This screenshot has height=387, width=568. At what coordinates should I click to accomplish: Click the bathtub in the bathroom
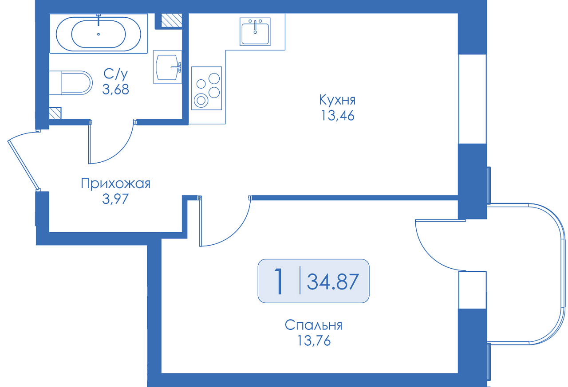tap(99, 34)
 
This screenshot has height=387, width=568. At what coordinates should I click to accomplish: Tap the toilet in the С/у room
tap(71, 83)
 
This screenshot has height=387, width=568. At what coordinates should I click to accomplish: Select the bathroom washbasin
tap(168, 67)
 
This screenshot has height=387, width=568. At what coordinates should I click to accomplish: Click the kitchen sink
tap(255, 31)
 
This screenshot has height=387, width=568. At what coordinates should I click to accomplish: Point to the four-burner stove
tap(207, 88)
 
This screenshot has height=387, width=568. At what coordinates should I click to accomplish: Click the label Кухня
tap(337, 100)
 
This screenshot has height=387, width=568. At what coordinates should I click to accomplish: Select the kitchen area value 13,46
tap(338, 116)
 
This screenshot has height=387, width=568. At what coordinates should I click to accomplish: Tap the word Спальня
tap(313, 325)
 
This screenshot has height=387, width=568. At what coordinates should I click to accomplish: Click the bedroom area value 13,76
tap(314, 340)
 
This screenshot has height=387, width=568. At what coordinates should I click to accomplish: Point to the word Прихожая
tap(116, 183)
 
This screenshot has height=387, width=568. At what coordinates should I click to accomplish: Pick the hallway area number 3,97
tap(115, 199)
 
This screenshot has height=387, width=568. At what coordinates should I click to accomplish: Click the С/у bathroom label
tap(116, 74)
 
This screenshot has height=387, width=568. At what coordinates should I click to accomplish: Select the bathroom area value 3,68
tap(116, 89)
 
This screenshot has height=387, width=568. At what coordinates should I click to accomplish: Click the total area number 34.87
tap(333, 282)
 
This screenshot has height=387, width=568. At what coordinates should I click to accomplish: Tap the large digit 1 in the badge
tap(279, 281)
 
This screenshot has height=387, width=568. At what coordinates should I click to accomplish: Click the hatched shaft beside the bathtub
tap(172, 20)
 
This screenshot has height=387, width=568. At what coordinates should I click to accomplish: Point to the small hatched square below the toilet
tap(55, 113)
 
